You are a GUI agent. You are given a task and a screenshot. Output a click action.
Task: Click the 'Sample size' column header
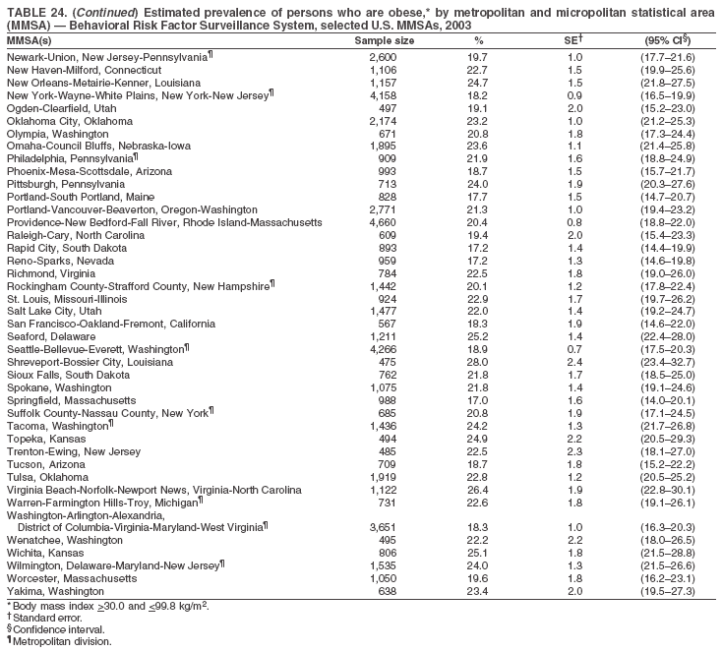[384, 41]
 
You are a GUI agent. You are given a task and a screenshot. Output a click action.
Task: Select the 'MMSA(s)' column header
[30, 41]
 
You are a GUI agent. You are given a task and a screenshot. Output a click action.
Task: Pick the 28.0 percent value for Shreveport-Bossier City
[478, 362]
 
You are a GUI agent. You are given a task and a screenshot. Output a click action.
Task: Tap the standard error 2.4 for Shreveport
[575, 362]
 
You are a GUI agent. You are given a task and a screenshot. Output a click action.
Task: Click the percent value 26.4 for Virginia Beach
[478, 490]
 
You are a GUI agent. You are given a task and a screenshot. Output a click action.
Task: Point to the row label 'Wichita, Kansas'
[46, 554]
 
